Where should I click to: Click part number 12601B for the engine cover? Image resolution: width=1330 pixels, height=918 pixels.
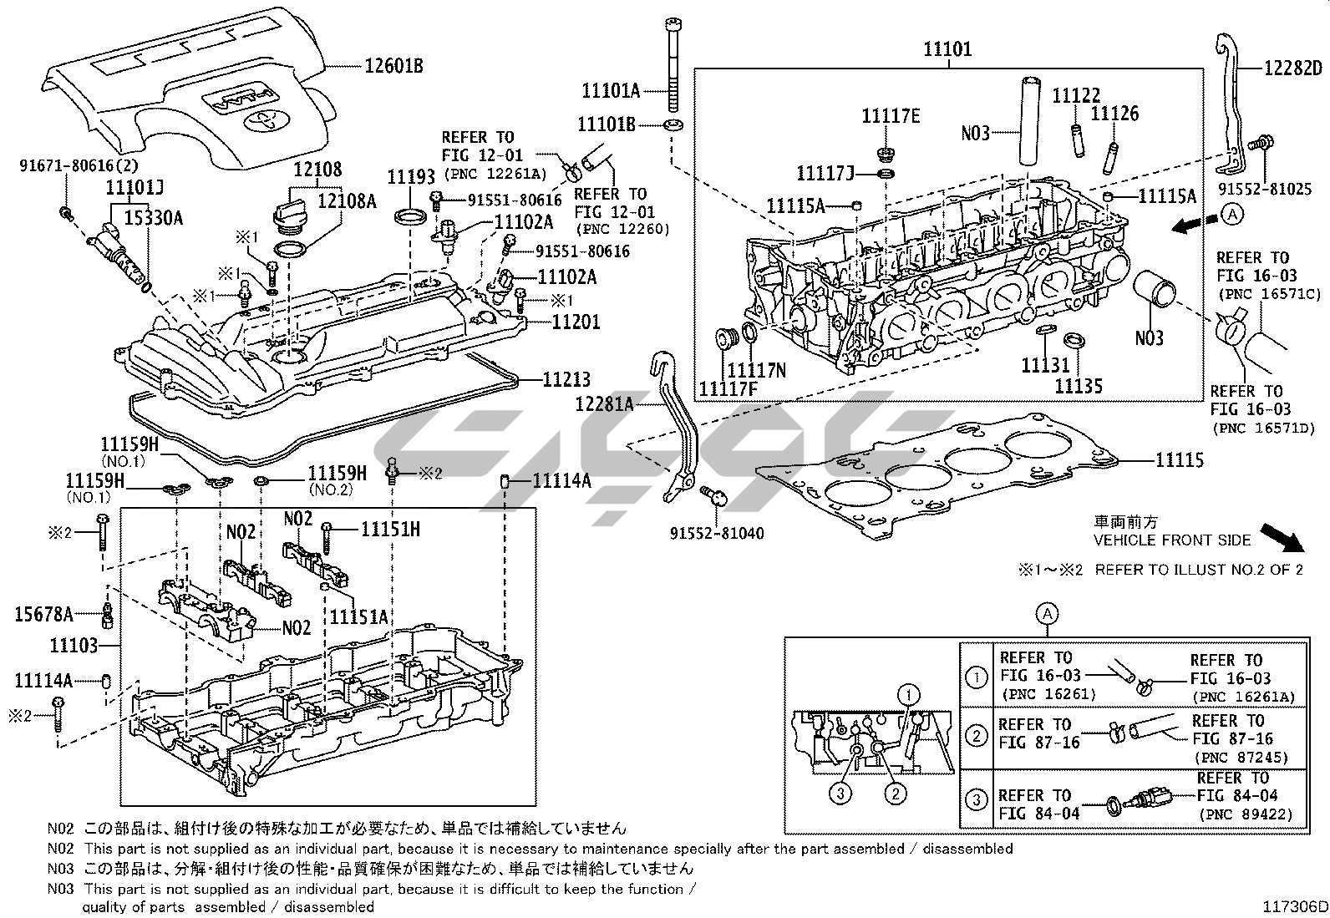coord(392,65)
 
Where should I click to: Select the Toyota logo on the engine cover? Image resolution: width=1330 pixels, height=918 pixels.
coord(263,119)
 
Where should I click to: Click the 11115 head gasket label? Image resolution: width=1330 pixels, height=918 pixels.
coord(1180,459)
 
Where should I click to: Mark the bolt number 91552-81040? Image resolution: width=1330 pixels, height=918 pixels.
coord(716,533)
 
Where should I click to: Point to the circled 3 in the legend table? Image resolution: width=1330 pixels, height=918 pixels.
coord(976,800)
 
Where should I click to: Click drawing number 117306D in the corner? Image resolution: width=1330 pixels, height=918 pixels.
coord(1294,905)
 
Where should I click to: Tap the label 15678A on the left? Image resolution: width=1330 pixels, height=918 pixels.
coord(43,614)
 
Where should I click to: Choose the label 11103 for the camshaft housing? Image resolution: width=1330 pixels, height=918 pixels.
coord(74,645)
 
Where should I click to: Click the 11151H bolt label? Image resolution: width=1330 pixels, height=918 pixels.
coord(390,528)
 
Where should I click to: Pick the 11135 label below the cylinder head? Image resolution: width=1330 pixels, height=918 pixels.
coord(1078,385)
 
